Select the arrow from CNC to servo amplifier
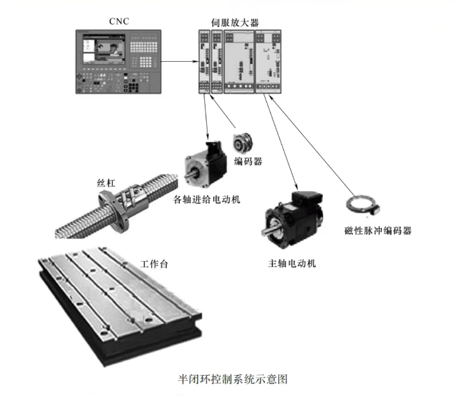pyautogui.click(x=179, y=62)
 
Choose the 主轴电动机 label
pyautogui.click(x=292, y=262)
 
